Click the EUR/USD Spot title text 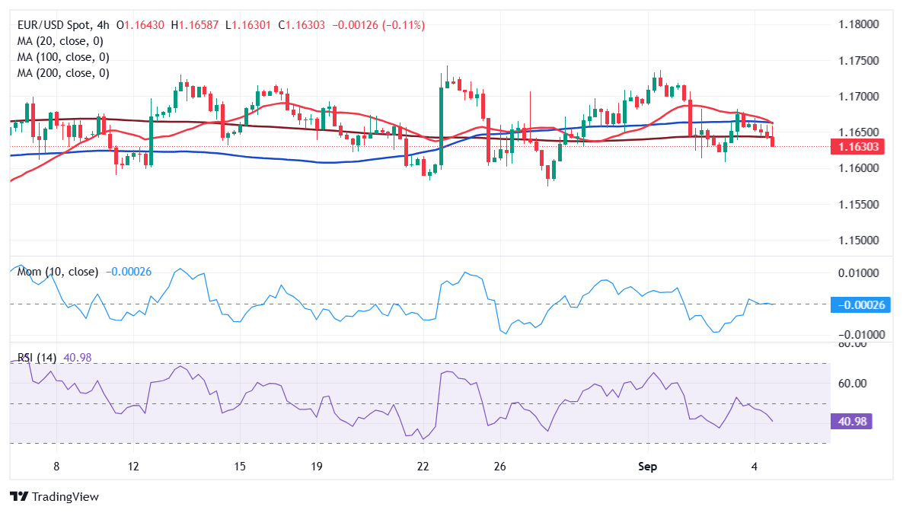pos(53,25)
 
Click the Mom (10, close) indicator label pos(58,272)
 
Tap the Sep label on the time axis pos(647,466)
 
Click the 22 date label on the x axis pos(423,466)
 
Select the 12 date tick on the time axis pos(133,466)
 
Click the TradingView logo pos(55,496)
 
